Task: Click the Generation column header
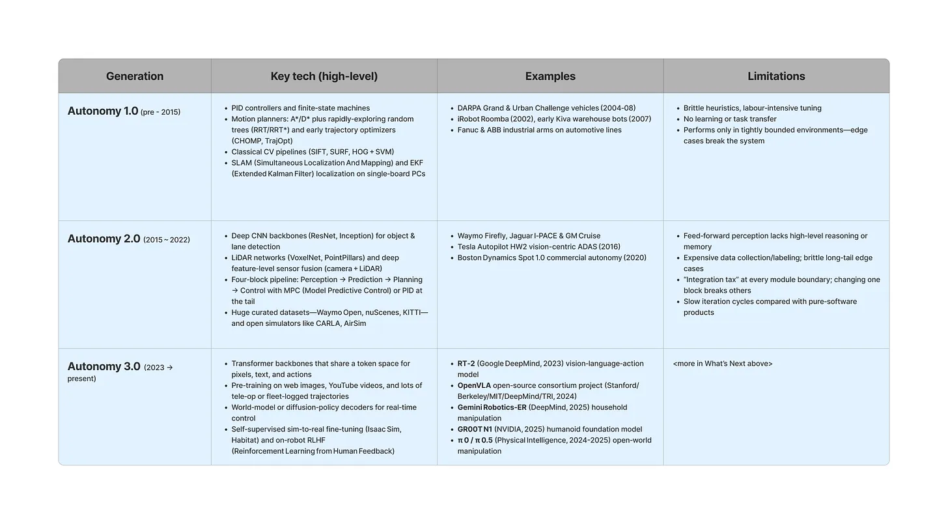coord(135,76)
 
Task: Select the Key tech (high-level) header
coord(324,76)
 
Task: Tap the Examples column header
coord(550,76)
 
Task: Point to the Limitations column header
coord(776,76)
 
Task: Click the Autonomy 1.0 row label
coord(103,111)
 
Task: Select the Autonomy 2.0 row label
coord(104,239)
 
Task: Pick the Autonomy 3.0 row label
coord(104,366)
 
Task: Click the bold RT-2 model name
coord(466,364)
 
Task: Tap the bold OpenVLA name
coord(474,386)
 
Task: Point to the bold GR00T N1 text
coord(475,429)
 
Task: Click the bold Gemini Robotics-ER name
coord(492,407)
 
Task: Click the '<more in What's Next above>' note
coord(723,364)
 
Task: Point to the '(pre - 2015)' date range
coord(161,112)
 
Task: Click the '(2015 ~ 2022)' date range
coord(167,240)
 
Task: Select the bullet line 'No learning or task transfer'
coord(730,119)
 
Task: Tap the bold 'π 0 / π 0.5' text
coord(475,441)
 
